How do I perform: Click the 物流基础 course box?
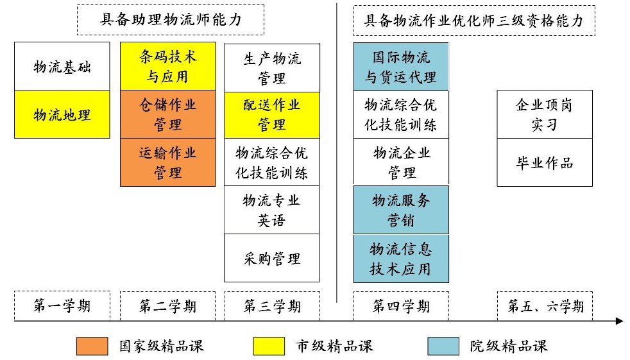pos(62,66)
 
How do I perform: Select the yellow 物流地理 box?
pos(62,114)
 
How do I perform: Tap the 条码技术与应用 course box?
pos(168,66)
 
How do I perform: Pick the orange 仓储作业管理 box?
pos(168,114)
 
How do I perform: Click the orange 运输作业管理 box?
pos(168,162)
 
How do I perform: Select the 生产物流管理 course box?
pos(272,68)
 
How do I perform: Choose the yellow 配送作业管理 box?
pos(272,115)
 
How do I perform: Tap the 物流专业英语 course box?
pos(272,210)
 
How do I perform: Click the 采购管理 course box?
pos(272,258)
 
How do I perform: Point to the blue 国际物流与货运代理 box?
pos(401,67)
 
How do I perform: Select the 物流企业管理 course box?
pos(401,162)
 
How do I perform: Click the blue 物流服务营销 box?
pos(401,210)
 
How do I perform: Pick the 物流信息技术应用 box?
pos(401,259)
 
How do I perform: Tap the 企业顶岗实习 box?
pos(545,114)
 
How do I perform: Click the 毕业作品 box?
pos(545,162)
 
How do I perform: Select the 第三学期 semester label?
pos(273,306)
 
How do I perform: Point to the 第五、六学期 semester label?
pos(545,306)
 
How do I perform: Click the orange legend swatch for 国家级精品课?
pos(92,346)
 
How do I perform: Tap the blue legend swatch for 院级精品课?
pos(443,346)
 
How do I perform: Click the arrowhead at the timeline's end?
pos(620,321)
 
